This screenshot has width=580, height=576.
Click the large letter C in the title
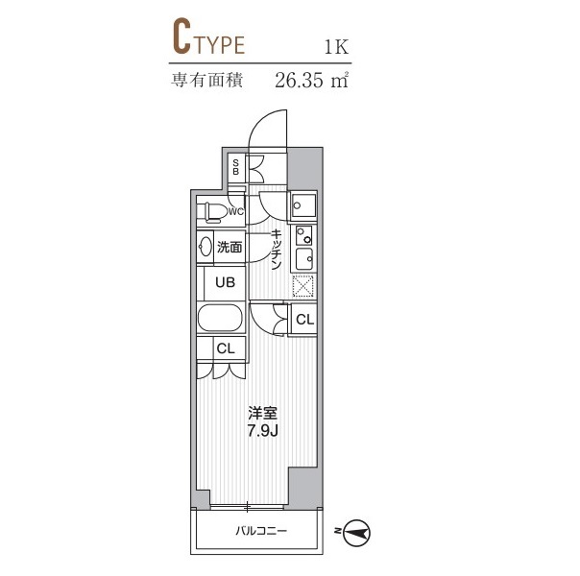click(181, 37)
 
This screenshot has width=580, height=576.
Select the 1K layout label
click(336, 47)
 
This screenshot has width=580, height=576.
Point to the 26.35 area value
click(299, 81)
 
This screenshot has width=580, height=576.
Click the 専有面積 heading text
click(206, 80)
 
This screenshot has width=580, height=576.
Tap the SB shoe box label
click(235, 167)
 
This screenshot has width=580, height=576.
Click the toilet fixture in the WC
click(211, 212)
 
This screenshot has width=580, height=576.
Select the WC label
click(236, 212)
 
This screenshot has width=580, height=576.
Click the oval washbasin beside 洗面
click(205, 246)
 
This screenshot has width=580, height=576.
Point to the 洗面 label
click(230, 247)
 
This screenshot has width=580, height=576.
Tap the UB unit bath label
click(225, 283)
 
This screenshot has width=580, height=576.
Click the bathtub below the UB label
click(221, 318)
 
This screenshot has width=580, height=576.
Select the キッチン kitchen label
click(276, 250)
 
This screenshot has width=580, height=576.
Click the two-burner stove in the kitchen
click(304, 235)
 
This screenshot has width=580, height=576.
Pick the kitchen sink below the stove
click(304, 259)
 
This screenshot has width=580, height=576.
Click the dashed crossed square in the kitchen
click(302, 286)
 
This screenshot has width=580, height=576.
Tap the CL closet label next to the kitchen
click(304, 320)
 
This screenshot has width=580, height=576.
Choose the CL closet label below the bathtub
click(226, 348)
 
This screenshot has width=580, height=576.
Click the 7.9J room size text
click(262, 431)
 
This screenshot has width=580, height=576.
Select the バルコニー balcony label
click(261, 531)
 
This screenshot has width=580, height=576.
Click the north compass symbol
click(356, 533)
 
